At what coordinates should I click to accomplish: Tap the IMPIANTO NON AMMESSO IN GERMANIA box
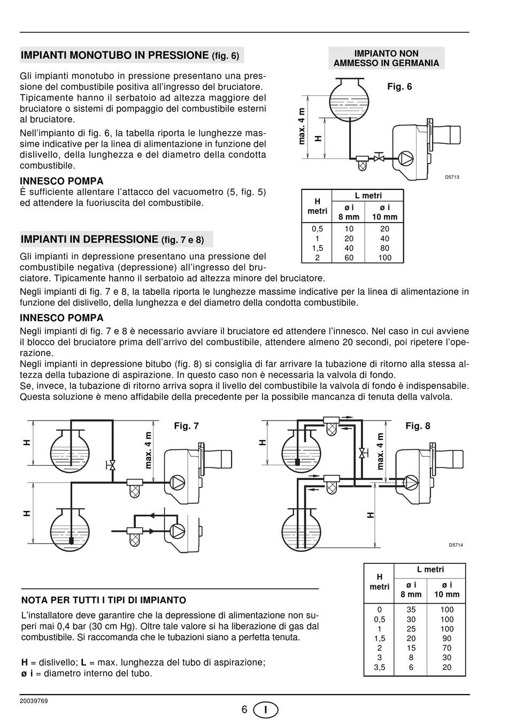(386, 58)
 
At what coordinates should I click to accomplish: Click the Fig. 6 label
(399, 87)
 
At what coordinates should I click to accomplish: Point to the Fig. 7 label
(186, 426)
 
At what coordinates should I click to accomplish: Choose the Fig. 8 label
(418, 426)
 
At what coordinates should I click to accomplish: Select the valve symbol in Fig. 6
(379, 158)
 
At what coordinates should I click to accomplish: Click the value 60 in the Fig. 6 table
(349, 257)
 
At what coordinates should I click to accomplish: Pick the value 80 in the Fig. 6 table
(384, 248)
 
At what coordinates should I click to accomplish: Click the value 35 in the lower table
(411, 609)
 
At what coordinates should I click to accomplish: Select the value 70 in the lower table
(447, 648)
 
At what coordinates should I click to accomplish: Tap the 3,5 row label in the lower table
(380, 667)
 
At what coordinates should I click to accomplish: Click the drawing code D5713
(452, 177)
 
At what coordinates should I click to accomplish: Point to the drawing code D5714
(456, 545)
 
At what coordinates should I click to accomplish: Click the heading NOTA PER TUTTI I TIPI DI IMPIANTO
(104, 600)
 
